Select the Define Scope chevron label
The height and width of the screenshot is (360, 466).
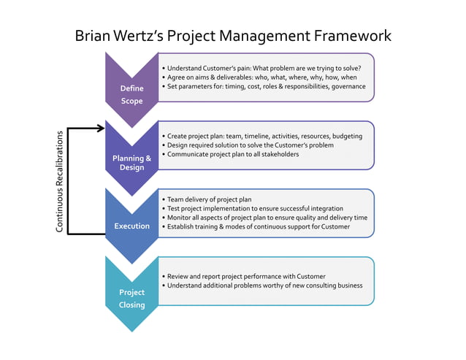(x=131, y=94)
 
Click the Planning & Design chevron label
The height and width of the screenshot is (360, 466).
(x=131, y=163)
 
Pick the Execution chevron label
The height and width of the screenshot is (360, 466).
(x=131, y=226)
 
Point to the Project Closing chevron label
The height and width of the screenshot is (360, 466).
(x=131, y=298)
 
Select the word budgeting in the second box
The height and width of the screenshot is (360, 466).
(x=347, y=136)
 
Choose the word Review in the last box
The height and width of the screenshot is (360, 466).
(x=179, y=277)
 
